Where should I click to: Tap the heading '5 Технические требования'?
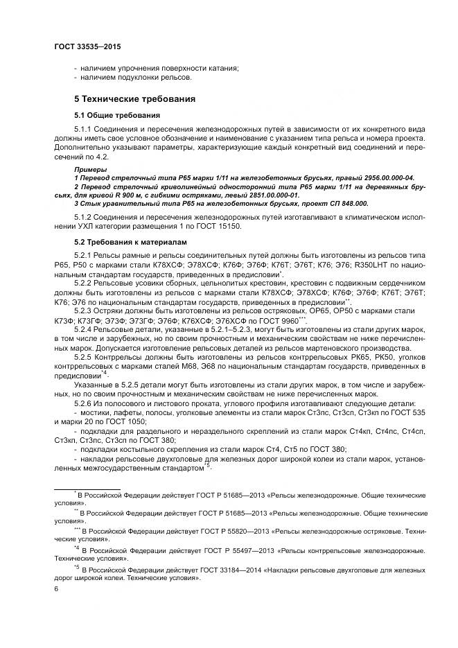134,98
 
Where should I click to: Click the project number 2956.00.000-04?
382,178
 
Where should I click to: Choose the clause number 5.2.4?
85,331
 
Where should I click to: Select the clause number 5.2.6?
85,403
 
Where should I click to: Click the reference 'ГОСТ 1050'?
139,421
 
